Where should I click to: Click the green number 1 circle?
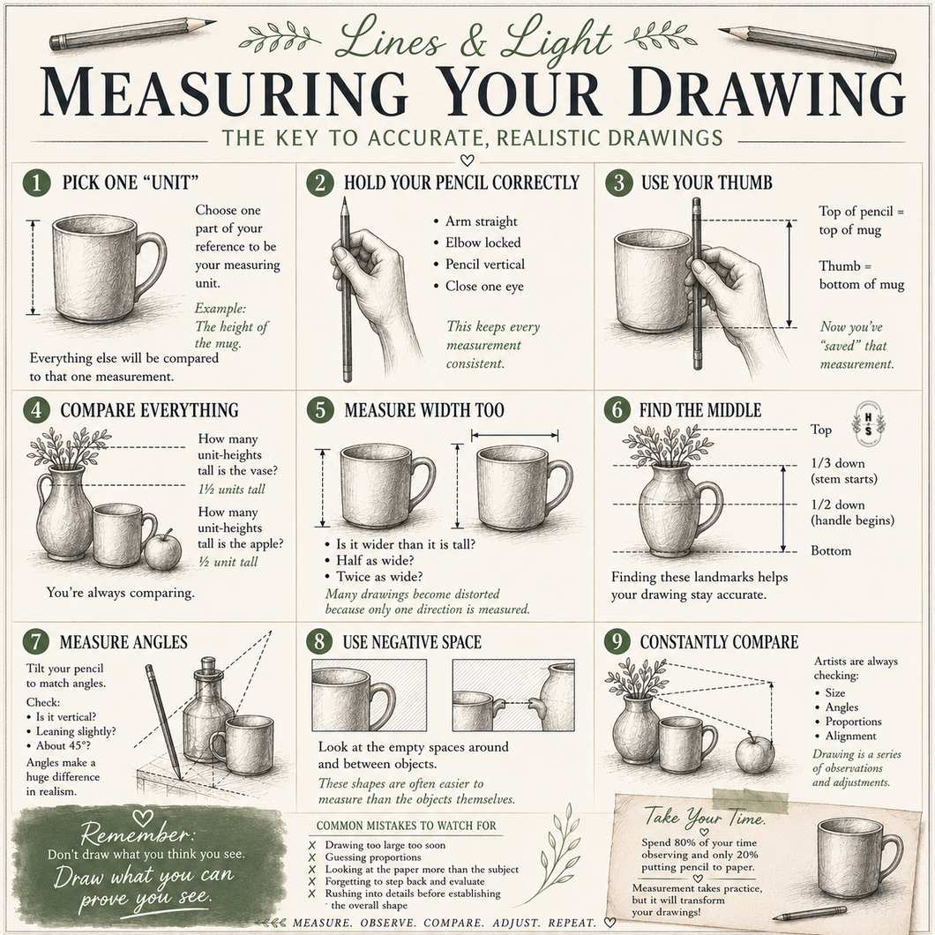tap(36, 183)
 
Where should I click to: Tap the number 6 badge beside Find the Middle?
tap(617, 410)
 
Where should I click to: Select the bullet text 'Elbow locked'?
tap(483, 243)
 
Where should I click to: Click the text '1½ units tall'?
tap(231, 489)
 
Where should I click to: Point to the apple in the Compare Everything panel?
tap(163, 550)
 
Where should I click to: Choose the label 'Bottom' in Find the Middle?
tap(831, 550)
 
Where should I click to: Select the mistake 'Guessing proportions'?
tap(373, 856)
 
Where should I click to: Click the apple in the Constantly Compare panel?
tap(754, 753)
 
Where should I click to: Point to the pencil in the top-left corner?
tap(132, 34)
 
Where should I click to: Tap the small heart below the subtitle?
tap(467, 161)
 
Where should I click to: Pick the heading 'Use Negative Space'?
tap(411, 641)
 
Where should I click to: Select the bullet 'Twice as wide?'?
tap(379, 576)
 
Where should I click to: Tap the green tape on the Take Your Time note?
tap(750, 801)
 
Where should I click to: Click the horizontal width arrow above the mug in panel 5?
tap(514, 435)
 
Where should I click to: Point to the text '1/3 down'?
tap(837, 463)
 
